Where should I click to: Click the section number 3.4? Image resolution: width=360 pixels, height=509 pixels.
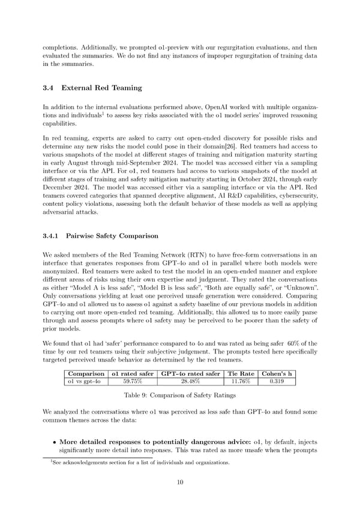(50, 88)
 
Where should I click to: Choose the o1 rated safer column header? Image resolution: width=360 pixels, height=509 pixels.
(133, 373)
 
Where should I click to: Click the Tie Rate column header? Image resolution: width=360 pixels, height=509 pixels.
(241, 373)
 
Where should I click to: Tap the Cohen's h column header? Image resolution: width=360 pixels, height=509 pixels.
(277, 373)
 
